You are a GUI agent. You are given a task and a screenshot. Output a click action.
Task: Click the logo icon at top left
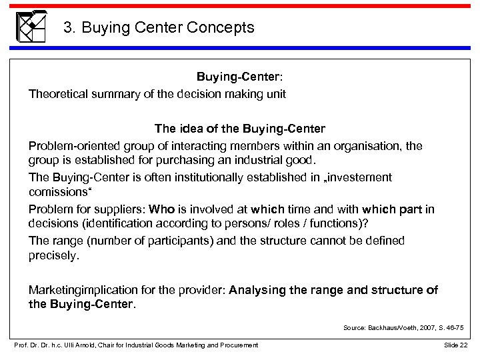pos(31,27)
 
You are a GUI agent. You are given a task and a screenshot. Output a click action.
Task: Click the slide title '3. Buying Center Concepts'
pos(158,28)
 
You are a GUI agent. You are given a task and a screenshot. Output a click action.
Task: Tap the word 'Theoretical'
pos(59,94)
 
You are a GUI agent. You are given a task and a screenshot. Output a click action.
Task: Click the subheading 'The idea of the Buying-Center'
pos(240,127)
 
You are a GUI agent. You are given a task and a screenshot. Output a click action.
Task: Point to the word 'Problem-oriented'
pos(70,145)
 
